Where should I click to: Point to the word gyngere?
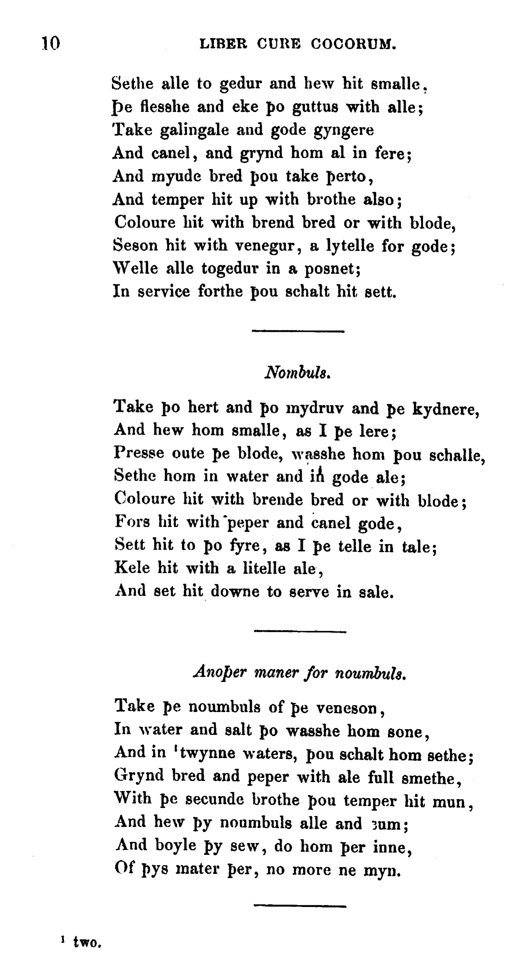pyautogui.click(x=343, y=131)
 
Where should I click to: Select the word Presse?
pyautogui.click(x=139, y=453)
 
